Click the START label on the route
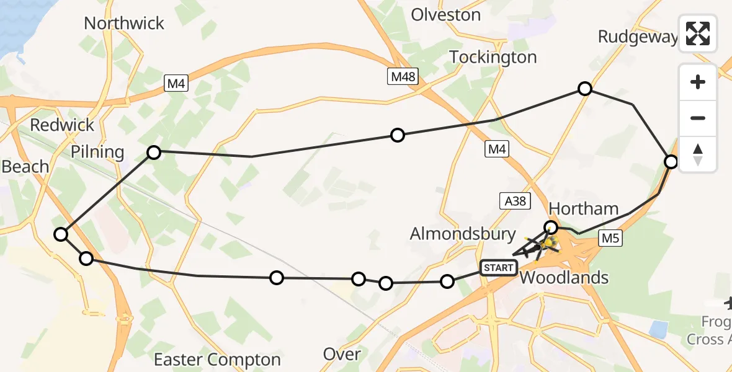(498, 268)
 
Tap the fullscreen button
(698, 33)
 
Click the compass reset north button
(698, 154)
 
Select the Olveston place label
(446, 15)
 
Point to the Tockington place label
(493, 57)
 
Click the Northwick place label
(124, 24)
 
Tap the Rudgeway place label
(637, 37)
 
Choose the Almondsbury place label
(463, 234)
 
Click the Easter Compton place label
(217, 360)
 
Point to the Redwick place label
(62, 125)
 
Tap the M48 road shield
(403, 77)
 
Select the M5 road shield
(610, 238)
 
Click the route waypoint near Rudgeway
(584, 89)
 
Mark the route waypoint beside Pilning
(154, 152)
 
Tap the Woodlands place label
(564, 277)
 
